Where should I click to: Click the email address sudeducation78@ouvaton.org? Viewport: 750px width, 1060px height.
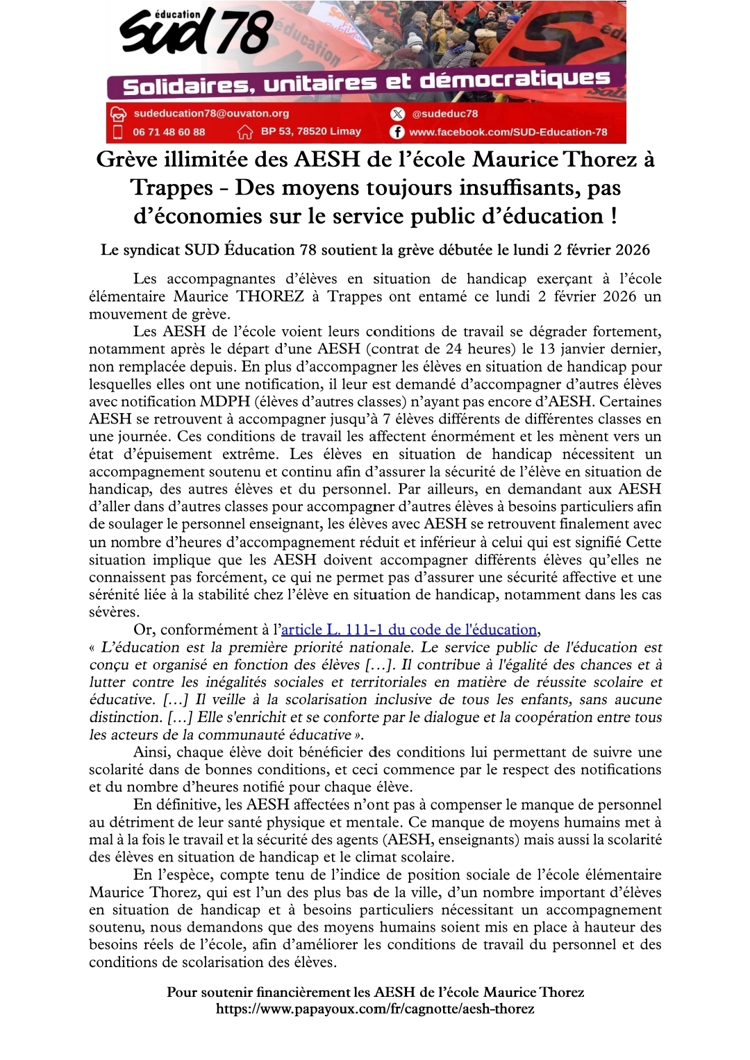[211, 113]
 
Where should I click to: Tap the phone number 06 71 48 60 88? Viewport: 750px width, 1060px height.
[169, 132]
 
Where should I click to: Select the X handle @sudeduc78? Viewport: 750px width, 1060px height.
[444, 114]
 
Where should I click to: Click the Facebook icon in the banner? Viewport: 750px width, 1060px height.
[397, 132]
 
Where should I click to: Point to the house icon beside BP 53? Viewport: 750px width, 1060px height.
[245, 132]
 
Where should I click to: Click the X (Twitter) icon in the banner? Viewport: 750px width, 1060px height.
[397, 114]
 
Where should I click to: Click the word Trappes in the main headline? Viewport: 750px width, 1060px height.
[172, 187]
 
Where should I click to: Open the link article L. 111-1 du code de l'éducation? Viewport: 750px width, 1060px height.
[409, 630]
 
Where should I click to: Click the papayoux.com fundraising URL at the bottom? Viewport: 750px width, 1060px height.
[375, 1009]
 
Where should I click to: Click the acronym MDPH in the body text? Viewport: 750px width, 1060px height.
[219, 401]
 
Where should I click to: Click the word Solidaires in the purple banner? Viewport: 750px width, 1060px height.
[184, 86]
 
